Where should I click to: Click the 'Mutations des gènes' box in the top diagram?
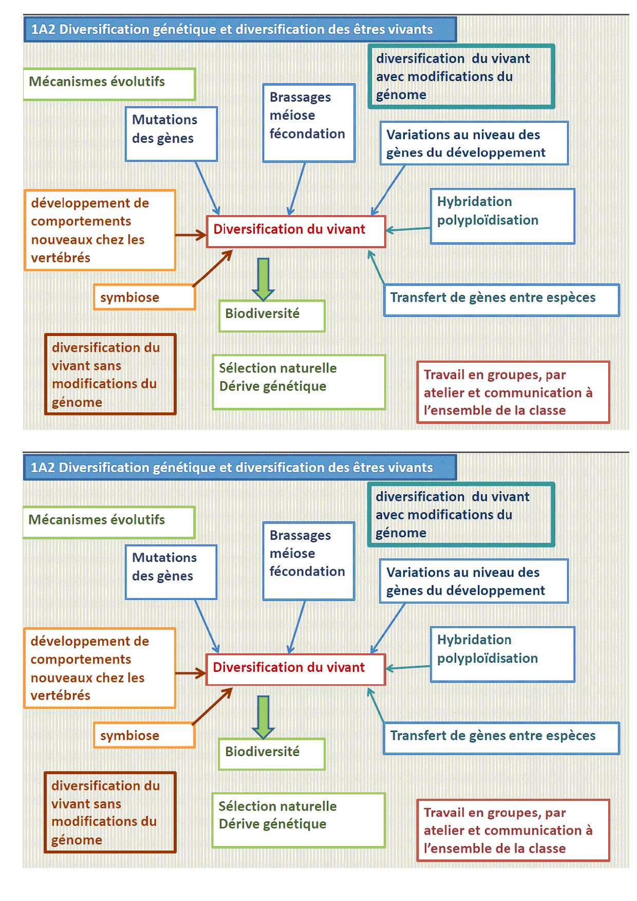click(171, 134)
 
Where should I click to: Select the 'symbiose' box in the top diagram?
click(144, 297)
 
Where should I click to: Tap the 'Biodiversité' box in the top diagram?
click(272, 315)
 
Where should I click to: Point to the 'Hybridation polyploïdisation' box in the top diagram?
click(502, 216)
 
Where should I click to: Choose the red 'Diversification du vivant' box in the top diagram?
click(295, 231)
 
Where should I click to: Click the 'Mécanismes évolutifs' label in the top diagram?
click(109, 84)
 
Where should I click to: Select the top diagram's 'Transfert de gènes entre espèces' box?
click(501, 299)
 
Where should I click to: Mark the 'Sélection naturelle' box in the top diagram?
click(298, 382)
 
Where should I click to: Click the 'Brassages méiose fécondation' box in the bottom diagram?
click(308, 560)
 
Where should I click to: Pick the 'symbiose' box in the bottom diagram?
click(144, 735)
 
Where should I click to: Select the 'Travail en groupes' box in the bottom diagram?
click(512, 830)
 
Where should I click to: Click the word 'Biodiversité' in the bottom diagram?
click(262, 752)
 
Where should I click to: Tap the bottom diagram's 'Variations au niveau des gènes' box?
click(474, 581)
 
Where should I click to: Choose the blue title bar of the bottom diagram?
click(239, 467)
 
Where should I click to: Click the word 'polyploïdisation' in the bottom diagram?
click(487, 659)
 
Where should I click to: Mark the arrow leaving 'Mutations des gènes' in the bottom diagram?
click(207, 626)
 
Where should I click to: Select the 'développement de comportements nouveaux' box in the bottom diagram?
click(99, 668)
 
